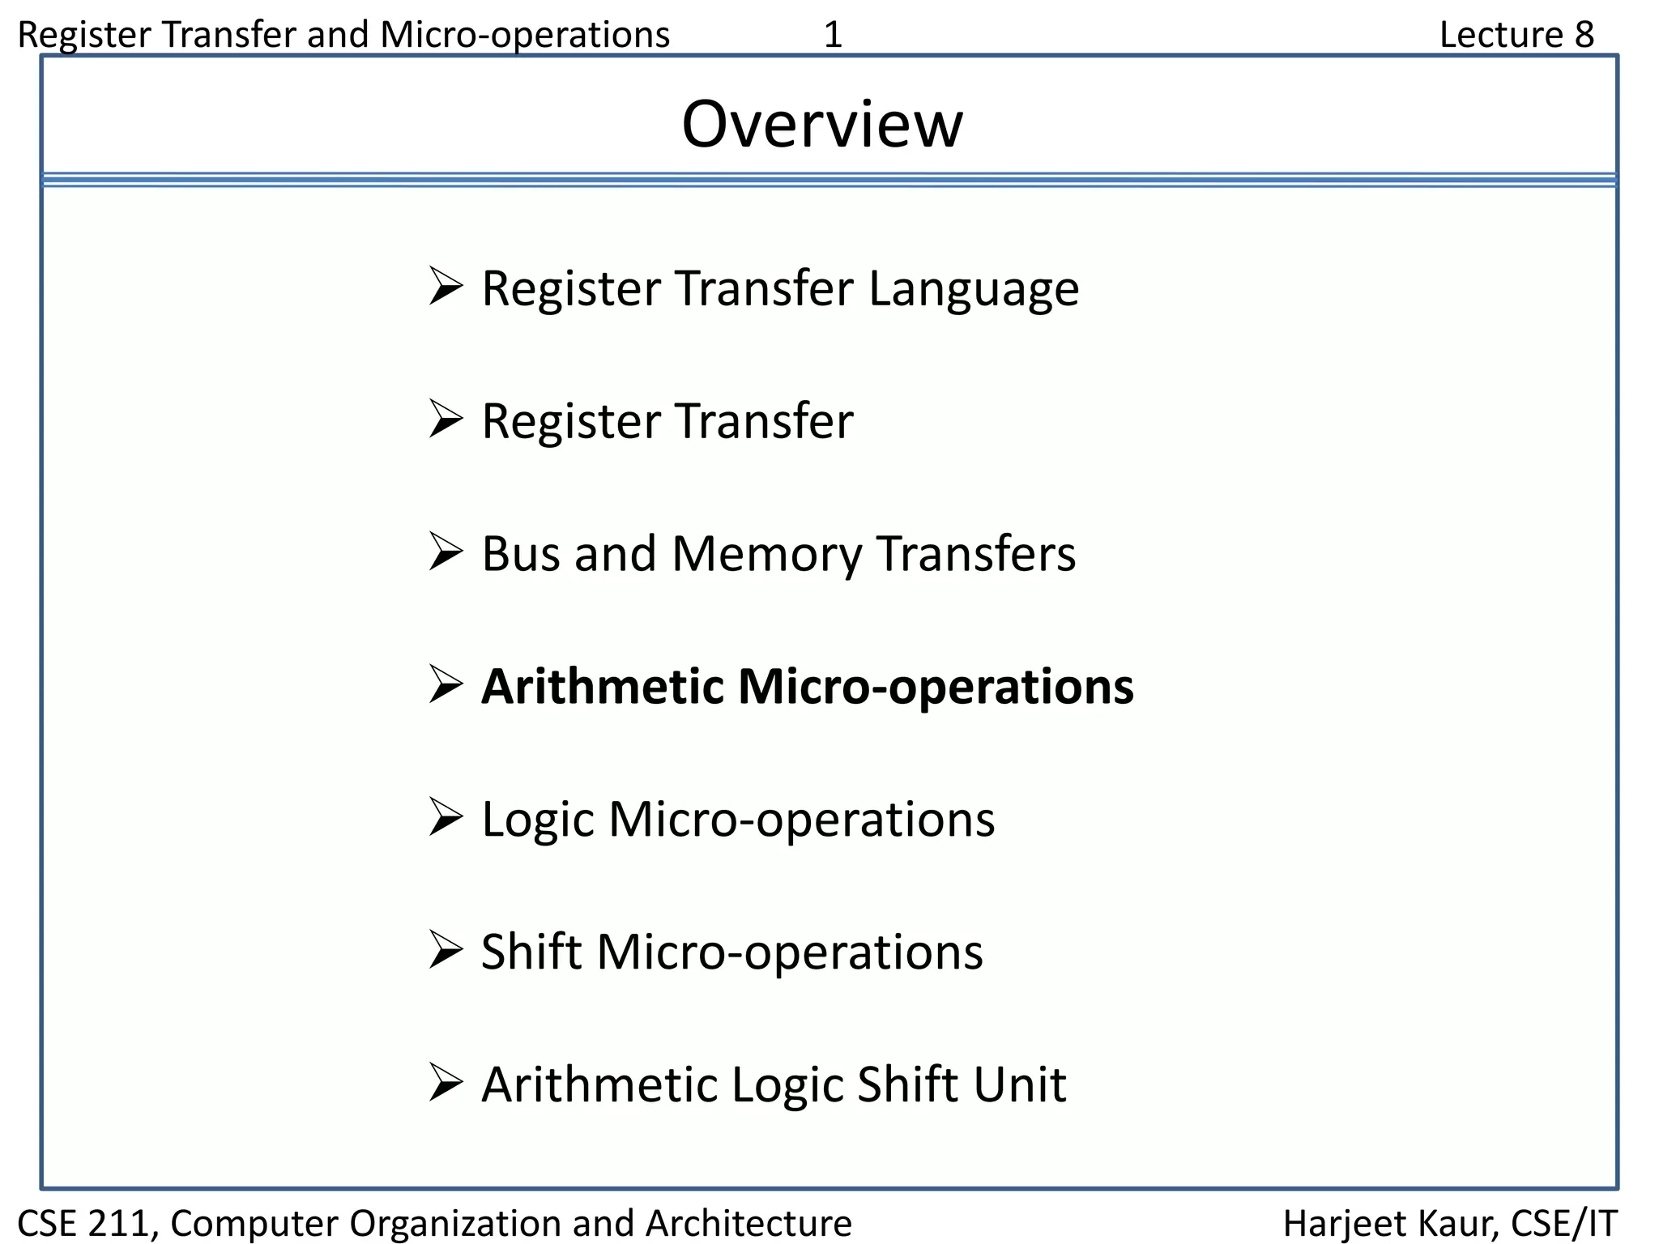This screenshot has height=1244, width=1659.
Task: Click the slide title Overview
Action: [x=822, y=125]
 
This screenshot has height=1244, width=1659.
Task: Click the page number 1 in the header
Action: [x=833, y=35]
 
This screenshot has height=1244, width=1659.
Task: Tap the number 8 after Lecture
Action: [x=1584, y=35]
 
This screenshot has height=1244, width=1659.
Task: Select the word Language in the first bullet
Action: [x=974, y=289]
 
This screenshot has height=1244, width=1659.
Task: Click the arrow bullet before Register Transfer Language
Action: [x=446, y=287]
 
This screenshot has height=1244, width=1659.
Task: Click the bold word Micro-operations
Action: [x=936, y=687]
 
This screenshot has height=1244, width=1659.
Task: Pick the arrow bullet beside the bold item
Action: [x=446, y=685]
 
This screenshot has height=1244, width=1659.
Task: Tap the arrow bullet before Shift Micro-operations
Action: [x=446, y=950]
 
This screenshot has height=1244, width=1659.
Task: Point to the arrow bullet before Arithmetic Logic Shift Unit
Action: [x=446, y=1083]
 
